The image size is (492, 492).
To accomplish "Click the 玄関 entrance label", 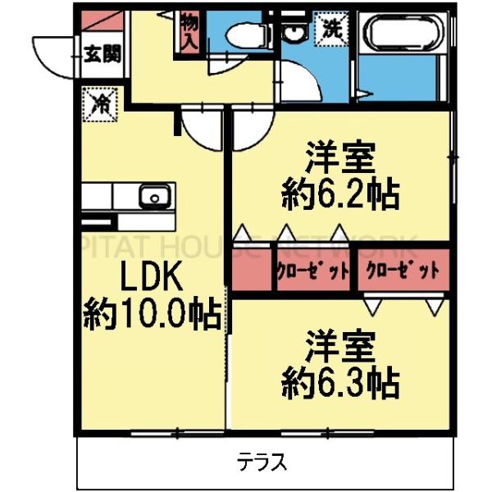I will click(x=102, y=56).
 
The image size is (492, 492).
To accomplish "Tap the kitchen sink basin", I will click(x=153, y=196).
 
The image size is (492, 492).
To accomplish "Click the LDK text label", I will click(x=152, y=279).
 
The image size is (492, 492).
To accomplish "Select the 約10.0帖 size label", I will click(x=152, y=313).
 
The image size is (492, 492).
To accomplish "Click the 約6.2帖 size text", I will click(x=340, y=194).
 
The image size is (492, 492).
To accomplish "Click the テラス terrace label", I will click(x=262, y=462).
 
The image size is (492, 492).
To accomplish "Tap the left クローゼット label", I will click(x=312, y=271).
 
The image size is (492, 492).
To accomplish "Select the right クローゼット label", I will click(x=403, y=271).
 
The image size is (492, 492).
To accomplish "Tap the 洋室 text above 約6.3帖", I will click(x=340, y=343).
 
